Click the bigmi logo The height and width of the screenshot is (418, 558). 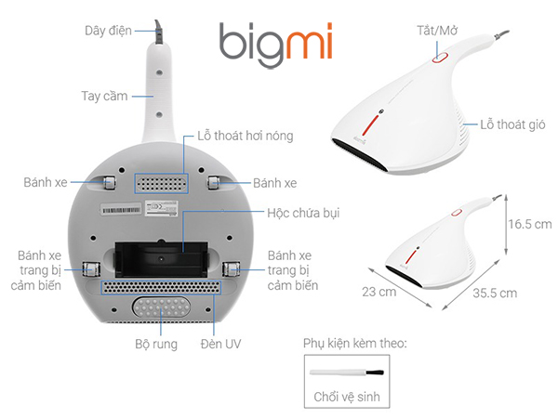point(276,45)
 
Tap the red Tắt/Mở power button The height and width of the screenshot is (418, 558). point(440,58)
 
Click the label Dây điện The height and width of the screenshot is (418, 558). point(108,31)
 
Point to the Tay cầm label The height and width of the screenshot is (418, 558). point(104,96)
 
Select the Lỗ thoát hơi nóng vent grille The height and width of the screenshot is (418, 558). point(161,184)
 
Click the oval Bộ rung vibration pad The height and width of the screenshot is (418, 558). point(161,307)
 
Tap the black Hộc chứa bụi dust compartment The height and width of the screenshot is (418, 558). point(161,259)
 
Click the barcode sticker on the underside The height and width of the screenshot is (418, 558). point(121,210)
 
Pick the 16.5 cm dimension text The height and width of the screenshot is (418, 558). point(530,224)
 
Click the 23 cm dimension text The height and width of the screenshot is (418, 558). point(379,293)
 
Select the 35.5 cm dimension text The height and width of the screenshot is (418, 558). point(495,294)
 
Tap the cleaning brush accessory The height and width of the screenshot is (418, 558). point(347,372)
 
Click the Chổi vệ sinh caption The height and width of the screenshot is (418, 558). point(347,397)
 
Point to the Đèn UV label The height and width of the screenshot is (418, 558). point(220,344)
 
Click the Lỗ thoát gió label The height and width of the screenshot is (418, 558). point(512,124)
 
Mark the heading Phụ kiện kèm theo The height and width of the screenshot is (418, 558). point(355,344)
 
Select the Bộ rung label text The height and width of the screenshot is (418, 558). point(156,344)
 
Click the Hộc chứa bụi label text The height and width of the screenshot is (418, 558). point(303,213)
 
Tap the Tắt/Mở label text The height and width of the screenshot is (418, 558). point(437,31)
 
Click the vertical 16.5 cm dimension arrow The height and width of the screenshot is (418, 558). point(506,225)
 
